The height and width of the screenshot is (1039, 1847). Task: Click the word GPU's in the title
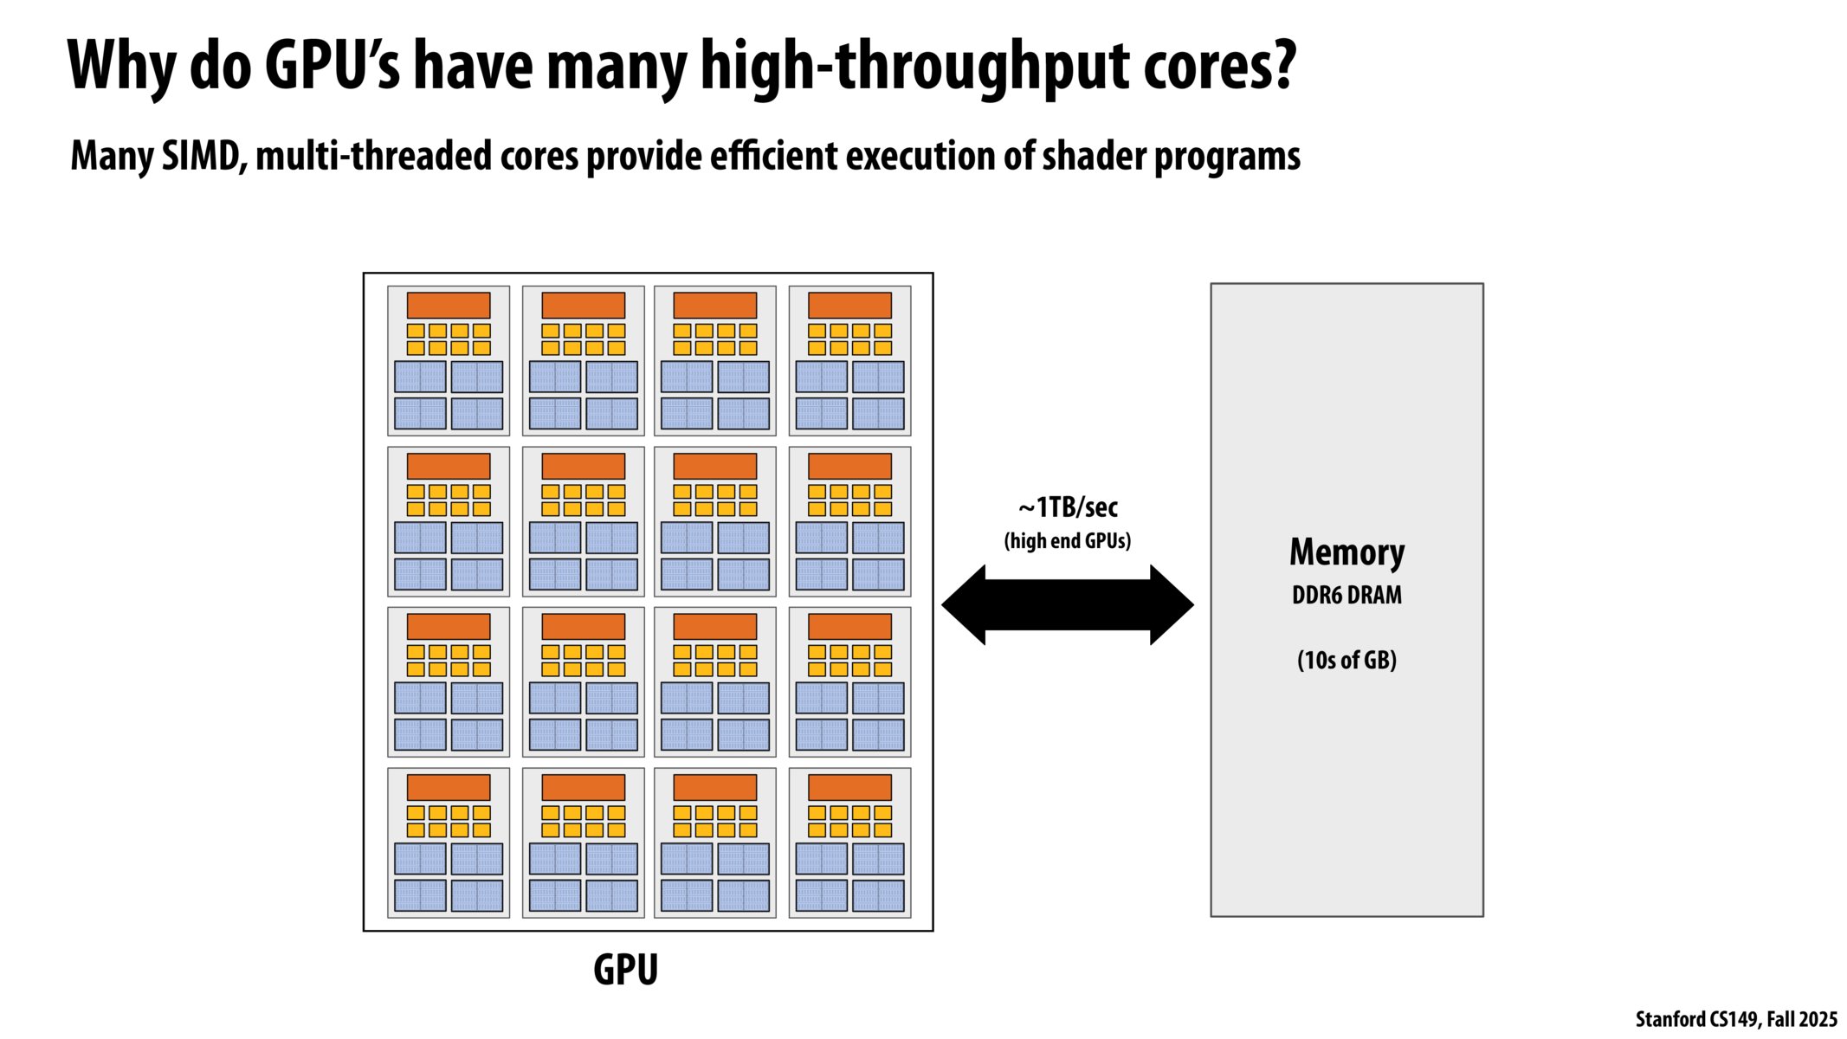point(332,66)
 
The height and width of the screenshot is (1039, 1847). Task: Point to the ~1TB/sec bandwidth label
point(1068,507)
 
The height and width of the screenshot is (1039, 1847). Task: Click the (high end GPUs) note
point(1068,541)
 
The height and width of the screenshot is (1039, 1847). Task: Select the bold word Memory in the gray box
point(1347,552)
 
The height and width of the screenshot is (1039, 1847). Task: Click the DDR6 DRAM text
point(1347,596)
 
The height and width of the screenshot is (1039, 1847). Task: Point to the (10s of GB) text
point(1347,661)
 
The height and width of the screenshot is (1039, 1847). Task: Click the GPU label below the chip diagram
point(625,970)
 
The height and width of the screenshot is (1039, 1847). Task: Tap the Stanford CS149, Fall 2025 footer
point(1735,1019)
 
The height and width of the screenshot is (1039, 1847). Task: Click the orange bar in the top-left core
point(449,305)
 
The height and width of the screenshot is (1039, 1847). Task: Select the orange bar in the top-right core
point(849,305)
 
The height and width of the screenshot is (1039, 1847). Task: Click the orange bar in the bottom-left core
point(449,787)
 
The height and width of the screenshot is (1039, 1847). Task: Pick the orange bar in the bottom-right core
point(849,787)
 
